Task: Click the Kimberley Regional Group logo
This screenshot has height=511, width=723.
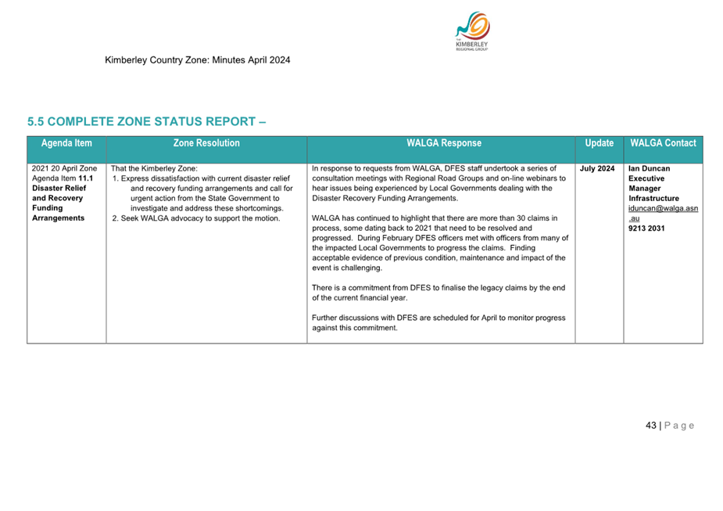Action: (472, 32)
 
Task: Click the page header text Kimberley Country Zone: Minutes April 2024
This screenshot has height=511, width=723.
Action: (198, 59)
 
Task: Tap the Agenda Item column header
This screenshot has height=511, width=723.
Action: (66, 143)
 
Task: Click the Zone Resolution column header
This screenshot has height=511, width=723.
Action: (206, 143)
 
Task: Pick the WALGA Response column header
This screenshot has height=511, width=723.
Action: (443, 143)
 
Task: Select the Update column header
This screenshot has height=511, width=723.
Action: (599, 143)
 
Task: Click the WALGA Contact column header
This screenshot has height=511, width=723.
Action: (663, 143)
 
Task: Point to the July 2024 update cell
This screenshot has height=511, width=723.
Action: (597, 168)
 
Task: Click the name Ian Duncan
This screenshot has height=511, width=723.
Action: (649, 168)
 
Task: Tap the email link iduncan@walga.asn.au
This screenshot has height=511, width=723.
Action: (663, 209)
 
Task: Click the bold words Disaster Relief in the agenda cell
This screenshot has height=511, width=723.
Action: (59, 189)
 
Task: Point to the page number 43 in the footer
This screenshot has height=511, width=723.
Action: (650, 426)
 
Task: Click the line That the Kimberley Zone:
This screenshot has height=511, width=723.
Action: (154, 168)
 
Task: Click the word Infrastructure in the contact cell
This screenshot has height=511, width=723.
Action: (653, 199)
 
